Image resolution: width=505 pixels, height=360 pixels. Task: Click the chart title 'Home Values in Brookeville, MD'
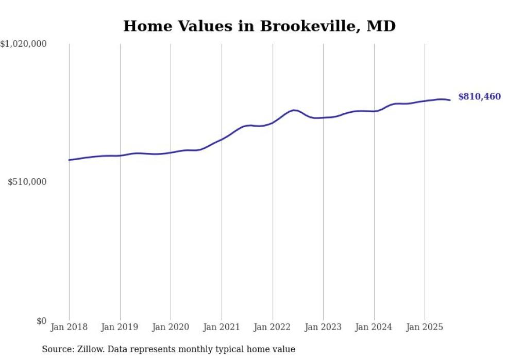pos(259,26)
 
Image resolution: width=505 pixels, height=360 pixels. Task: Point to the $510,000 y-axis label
pos(27,182)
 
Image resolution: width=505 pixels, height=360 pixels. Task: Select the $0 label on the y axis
pos(41,321)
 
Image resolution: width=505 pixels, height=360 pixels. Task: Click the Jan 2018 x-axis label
pos(69,327)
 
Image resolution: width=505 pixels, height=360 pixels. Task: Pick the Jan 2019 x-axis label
pos(120,327)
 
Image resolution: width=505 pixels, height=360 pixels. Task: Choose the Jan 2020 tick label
pos(171,327)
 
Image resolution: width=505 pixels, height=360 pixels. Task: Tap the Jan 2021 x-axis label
pos(222,327)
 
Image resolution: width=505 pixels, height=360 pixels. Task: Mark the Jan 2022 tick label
pos(273,327)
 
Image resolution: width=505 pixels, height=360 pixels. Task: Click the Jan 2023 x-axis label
pos(323,327)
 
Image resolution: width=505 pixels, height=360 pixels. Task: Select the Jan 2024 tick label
pos(374,327)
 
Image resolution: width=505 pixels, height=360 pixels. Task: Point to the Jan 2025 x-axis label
pos(425,327)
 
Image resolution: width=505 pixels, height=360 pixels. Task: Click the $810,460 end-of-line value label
pos(479,97)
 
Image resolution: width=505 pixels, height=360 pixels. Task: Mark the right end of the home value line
pos(450,100)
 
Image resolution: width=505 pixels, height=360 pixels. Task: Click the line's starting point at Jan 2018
pos(69,160)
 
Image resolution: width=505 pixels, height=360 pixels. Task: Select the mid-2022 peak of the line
pos(294,110)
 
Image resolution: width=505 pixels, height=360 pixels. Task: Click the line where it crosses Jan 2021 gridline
pos(222,139)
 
